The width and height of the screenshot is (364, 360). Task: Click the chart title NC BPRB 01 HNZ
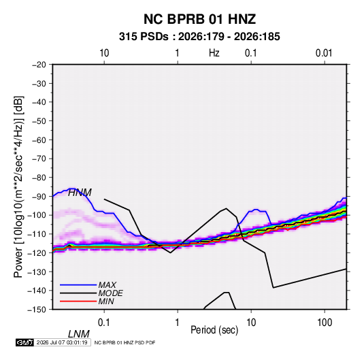pos(199,19)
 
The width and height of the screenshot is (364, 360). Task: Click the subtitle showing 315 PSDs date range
pos(199,37)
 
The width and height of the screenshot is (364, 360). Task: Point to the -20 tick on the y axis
pos(39,65)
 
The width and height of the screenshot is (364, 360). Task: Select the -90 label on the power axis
pos(39,196)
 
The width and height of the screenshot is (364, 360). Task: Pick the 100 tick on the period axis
pos(325,323)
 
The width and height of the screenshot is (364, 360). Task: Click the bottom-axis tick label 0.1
pos(104,323)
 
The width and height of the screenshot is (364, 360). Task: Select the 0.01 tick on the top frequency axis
pos(324,53)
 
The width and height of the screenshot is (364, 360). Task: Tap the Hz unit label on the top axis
pos(214,53)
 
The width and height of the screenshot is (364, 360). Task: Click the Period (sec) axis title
pos(214,330)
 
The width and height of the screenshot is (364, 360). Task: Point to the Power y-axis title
pos(18,186)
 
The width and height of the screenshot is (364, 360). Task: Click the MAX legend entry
pos(107,285)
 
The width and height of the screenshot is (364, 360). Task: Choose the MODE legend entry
pos(110,293)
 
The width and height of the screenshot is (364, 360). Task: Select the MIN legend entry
pos(106,301)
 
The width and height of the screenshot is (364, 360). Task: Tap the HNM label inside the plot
pos(80,193)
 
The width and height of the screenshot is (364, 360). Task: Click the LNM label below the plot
pos(79,334)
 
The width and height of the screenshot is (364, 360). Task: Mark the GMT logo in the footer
pos(25,342)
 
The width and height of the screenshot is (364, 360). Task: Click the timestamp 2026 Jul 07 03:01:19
pos(62,342)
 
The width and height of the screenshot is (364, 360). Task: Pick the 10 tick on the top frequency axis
pos(104,53)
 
